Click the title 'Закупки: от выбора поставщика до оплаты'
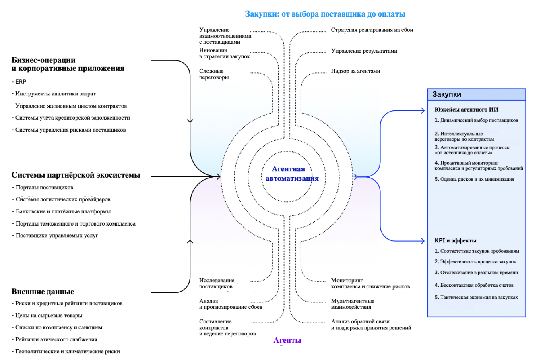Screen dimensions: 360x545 325,14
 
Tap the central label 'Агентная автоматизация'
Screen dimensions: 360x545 289,174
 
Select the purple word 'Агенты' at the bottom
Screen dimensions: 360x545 287,340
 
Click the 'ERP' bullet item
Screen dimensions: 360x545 21,82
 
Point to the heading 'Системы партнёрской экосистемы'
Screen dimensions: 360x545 76,175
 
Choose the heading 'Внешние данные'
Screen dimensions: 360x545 43,292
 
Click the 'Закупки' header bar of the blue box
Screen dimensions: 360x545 477,94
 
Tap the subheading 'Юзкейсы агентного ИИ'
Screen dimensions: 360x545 467,109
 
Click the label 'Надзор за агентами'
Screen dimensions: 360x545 355,71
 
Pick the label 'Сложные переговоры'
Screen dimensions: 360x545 214,74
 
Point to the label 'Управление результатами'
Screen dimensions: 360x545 364,51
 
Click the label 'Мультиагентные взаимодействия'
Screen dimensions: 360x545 353,304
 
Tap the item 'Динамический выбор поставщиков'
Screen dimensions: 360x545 476,120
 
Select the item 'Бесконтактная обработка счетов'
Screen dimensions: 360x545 474,285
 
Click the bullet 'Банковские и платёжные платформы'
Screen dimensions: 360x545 63,211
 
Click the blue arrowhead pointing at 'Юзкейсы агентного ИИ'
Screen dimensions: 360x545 423,110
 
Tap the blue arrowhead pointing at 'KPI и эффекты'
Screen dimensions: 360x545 423,241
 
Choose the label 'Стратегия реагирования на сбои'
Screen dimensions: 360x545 372,30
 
